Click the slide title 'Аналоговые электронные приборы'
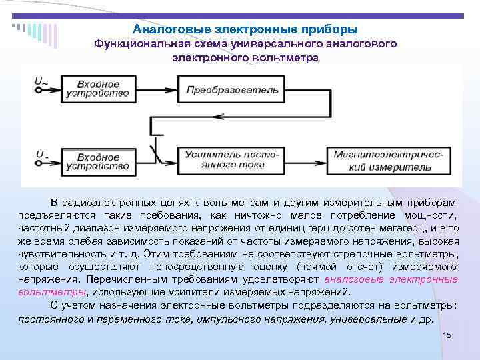point(245,30)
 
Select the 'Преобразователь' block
point(227,89)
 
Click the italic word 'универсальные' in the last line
point(374,319)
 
